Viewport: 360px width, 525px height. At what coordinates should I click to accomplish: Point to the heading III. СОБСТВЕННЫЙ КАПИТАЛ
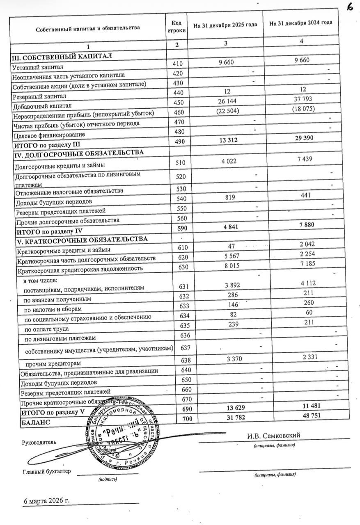pos(62,56)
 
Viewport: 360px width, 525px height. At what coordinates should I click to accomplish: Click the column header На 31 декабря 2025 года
pos(225,25)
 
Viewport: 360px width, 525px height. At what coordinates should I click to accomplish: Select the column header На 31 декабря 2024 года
pos(300,23)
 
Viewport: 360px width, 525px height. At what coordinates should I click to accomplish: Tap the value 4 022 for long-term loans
pos(225,161)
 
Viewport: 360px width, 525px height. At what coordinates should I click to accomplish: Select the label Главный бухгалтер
pos(47,471)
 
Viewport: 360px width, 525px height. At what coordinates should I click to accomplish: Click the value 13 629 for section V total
pos(225,408)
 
